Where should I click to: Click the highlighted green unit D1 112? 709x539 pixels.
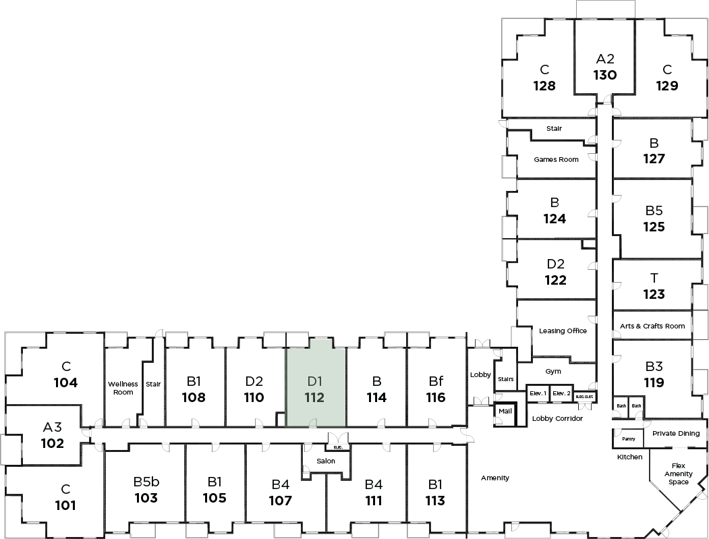pos(315,387)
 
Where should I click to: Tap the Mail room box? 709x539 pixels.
pos(505,411)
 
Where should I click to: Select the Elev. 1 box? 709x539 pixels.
pos(538,393)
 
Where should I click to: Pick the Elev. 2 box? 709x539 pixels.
pos(561,393)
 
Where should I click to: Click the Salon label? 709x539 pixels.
pos(327,461)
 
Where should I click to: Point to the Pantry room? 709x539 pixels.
pos(628,438)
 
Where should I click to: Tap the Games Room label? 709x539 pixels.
pos(556,160)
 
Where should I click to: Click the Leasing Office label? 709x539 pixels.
pos(563,331)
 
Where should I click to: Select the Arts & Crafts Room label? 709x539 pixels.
pos(652,326)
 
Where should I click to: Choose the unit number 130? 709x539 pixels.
pos(605,75)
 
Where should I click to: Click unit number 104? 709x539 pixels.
pos(65,382)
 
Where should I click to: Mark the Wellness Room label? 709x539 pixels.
pos(123,388)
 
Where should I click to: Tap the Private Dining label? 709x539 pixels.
pos(676,434)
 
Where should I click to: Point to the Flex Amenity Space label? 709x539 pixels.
pos(679,474)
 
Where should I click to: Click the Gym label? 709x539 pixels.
pos(553,371)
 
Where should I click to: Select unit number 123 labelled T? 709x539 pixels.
pos(654,294)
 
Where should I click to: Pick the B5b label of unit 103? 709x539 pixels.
pos(146,482)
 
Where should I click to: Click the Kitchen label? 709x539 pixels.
pos(629,457)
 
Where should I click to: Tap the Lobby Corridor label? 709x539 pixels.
pos(557,418)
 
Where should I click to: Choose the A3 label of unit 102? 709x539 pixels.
pos(52,427)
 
